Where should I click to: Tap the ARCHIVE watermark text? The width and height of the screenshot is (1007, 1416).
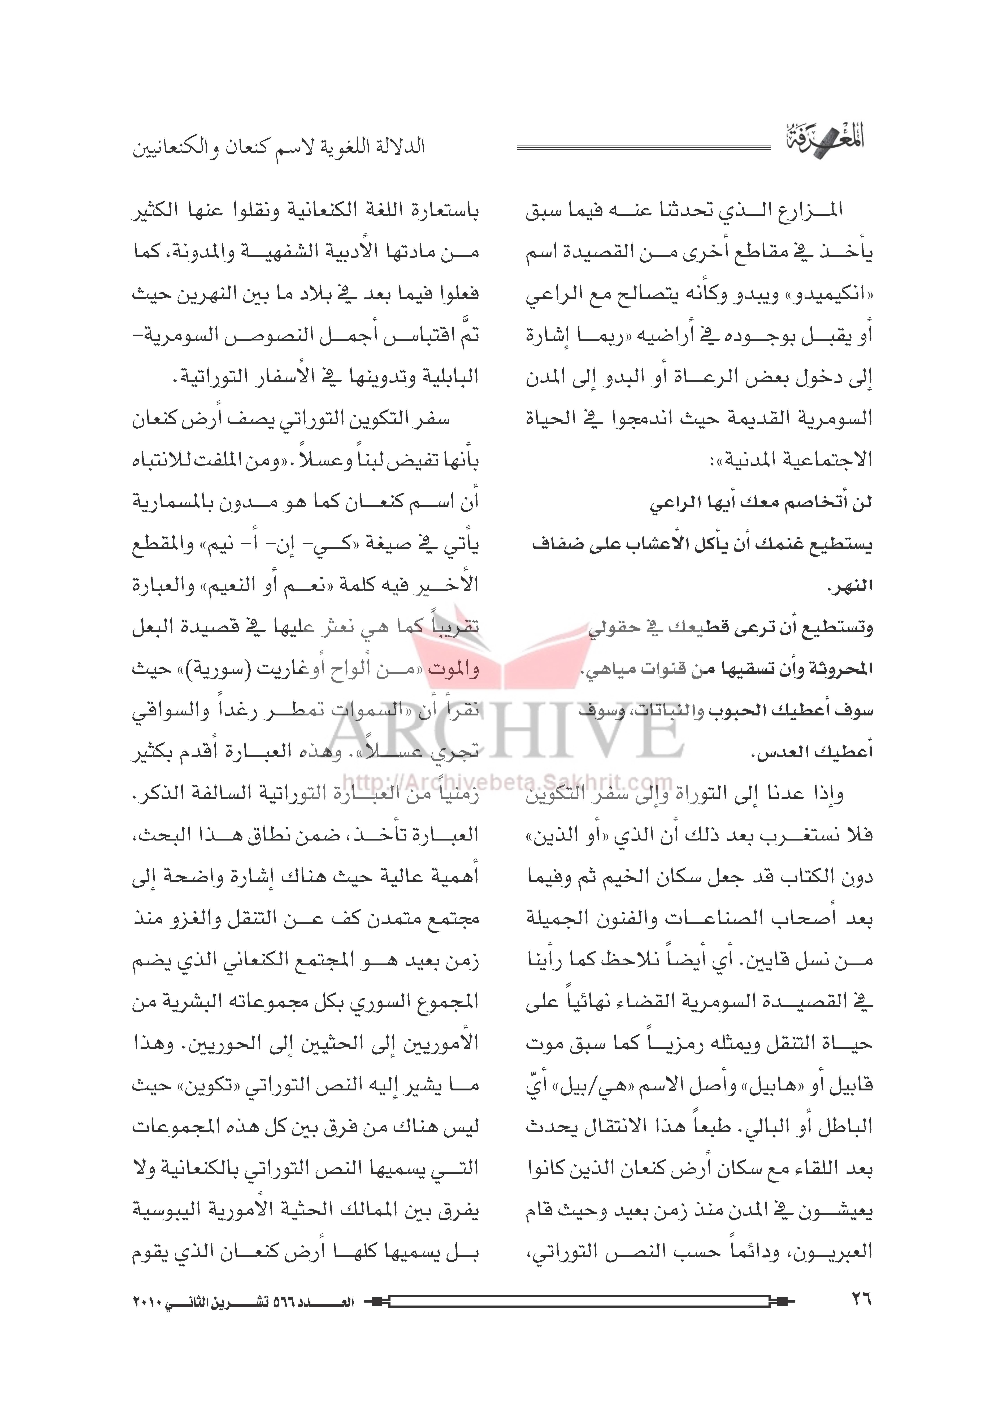tap(502, 735)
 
